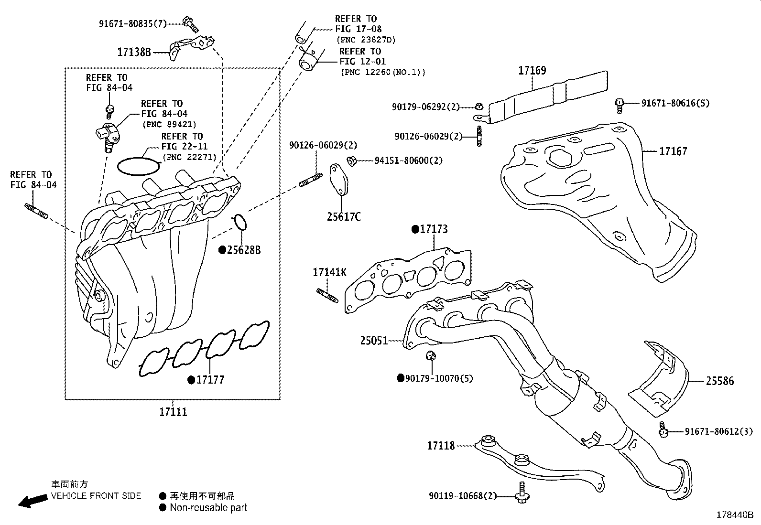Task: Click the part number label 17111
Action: point(173,412)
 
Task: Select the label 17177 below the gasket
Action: point(210,380)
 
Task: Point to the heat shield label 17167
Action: point(673,151)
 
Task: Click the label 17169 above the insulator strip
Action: point(532,71)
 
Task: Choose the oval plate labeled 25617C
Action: point(338,180)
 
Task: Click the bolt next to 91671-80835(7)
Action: point(190,22)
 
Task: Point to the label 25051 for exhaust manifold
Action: point(374,341)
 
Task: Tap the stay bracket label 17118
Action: point(441,446)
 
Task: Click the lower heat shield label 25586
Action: point(720,381)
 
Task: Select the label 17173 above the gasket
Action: point(434,229)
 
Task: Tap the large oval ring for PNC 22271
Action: point(139,166)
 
